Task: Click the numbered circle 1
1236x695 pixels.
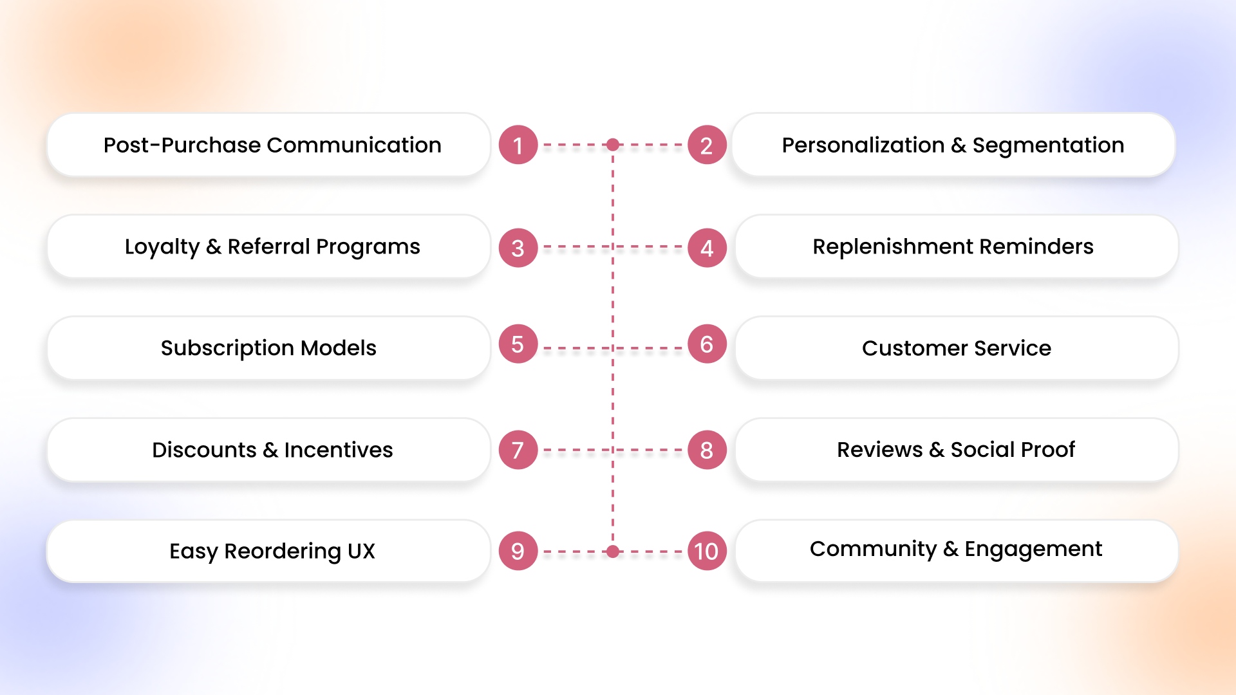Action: (518, 145)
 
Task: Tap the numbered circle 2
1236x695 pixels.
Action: (707, 145)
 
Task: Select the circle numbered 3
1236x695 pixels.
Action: (518, 248)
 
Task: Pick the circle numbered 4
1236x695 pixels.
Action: (707, 248)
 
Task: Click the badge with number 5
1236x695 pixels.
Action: (518, 344)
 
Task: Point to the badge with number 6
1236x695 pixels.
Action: (707, 344)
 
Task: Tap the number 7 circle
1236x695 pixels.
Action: (518, 450)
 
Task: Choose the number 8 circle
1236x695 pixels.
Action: (707, 450)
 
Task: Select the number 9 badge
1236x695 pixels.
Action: (518, 551)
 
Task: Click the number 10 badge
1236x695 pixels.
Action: (707, 551)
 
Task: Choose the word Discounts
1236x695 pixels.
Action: (204, 450)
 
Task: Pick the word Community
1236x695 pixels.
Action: (873, 549)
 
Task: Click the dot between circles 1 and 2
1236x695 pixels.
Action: (613, 145)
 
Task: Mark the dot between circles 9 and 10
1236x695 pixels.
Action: (613, 551)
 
